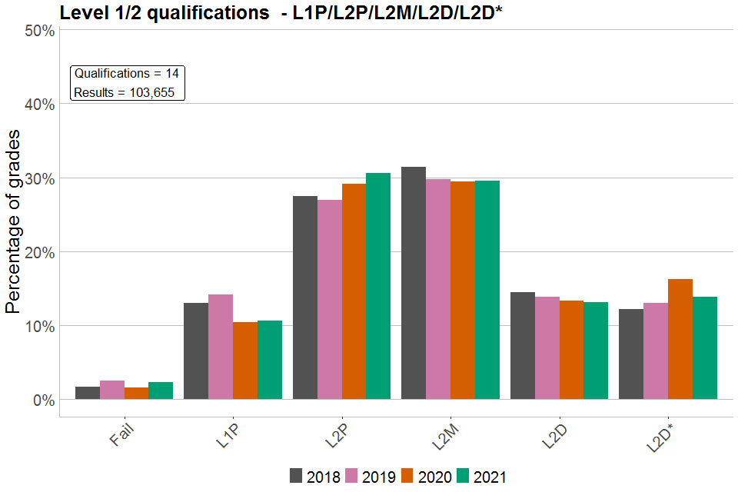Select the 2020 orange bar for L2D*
pos(680,339)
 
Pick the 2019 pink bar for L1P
pos(221,347)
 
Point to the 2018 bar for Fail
pos(88,393)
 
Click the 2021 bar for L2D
pos(596,351)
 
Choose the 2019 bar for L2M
pos(438,289)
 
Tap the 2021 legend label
pos(490,477)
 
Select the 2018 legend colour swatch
pos(297,476)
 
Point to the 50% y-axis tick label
pos(39,31)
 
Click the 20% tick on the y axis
pos(39,252)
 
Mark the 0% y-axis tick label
pos(43,400)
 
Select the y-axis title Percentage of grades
pos(14,222)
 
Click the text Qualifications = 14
pos(127,74)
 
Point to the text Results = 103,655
pos(125,93)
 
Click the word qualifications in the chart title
pos(203,12)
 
